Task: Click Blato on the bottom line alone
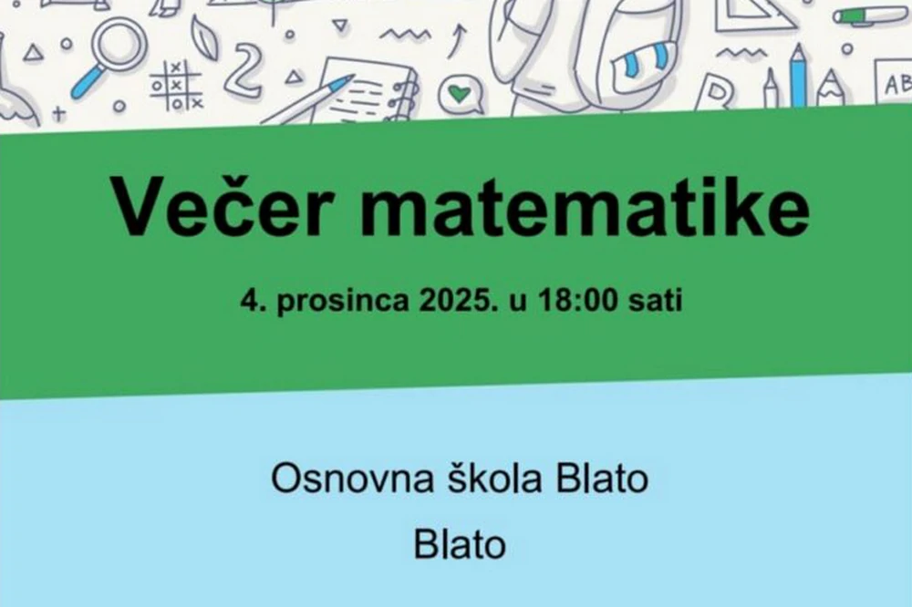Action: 460,545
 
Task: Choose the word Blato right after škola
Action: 602,478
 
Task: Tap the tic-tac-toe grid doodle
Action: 176,85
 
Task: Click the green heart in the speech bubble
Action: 461,94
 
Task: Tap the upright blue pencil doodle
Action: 799,76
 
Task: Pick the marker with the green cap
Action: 869,15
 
